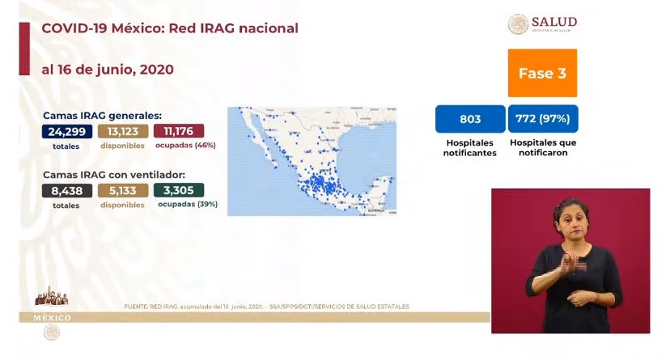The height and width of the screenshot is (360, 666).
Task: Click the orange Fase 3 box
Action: pyautogui.click(x=541, y=73)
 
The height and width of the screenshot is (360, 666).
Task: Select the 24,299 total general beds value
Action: pyautogui.click(x=66, y=131)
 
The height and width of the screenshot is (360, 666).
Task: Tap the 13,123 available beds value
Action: pyautogui.click(x=123, y=131)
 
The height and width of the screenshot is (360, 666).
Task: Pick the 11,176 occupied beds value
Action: pyautogui.click(x=178, y=131)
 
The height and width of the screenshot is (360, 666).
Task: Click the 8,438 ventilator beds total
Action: pyautogui.click(x=66, y=191)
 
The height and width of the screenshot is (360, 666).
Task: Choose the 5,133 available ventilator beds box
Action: pyautogui.click(x=123, y=191)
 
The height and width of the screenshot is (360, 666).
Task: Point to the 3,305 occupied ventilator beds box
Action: pyautogui.click(x=178, y=191)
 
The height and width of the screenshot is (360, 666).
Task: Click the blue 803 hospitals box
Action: pyautogui.click(x=469, y=119)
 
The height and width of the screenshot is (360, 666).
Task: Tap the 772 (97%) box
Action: pyautogui.click(x=543, y=119)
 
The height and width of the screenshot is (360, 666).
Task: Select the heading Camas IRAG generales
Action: pyautogui.click(x=102, y=115)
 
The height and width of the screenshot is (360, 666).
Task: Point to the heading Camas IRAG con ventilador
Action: pyautogui.click(x=113, y=175)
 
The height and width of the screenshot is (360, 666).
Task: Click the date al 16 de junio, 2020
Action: pyautogui.click(x=107, y=70)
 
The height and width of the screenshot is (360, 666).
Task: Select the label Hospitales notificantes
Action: pyautogui.click(x=470, y=147)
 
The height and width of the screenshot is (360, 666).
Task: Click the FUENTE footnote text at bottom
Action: pyautogui.click(x=266, y=307)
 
